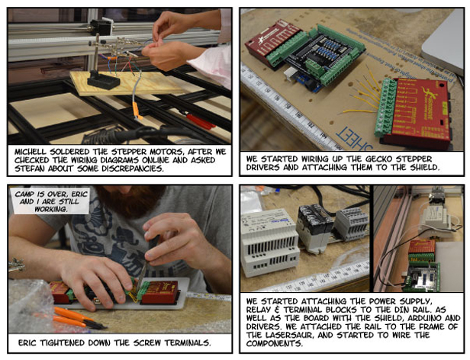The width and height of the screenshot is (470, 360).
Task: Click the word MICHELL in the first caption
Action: tap(31, 151)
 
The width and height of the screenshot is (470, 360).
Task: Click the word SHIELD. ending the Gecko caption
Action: tap(423, 167)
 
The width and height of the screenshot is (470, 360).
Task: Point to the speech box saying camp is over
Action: tap(51, 201)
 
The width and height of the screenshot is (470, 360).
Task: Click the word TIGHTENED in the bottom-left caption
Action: tap(62, 342)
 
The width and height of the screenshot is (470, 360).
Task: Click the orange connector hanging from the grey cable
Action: tap(137, 110)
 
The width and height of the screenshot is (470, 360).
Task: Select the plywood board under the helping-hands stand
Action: tap(126, 83)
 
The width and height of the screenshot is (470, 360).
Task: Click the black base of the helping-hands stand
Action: tap(104, 80)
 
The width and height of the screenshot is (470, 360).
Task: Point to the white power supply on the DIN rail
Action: tap(270, 243)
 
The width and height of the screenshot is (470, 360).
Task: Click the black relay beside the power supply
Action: tap(314, 228)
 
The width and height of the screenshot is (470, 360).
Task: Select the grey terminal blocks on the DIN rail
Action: tap(351, 223)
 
